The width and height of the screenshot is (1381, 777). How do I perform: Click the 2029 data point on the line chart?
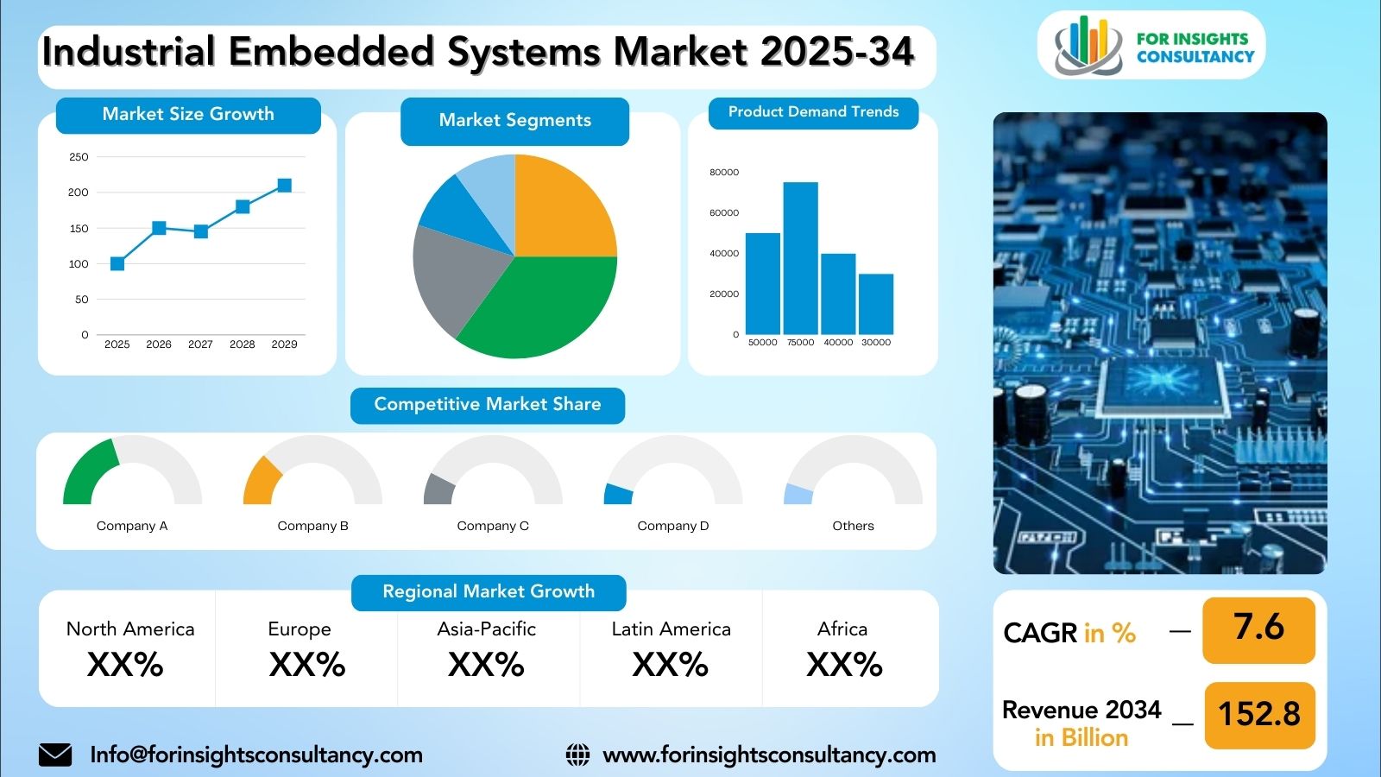284,186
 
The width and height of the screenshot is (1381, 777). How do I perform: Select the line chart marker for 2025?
117,264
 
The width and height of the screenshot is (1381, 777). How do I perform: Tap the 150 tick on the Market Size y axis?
79,228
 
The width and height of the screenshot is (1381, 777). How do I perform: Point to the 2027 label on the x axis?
200,344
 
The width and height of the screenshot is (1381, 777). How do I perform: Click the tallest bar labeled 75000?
801,258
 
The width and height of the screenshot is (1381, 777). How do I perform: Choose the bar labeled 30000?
876,305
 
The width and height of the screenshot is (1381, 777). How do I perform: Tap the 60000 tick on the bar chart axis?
724,212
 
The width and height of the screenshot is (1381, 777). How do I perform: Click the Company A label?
132,526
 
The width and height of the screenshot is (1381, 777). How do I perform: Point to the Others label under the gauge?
854,526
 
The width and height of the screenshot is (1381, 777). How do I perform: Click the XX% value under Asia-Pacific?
487,665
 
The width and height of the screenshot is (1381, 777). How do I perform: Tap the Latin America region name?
672,629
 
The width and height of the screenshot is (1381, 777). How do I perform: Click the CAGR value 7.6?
1259,627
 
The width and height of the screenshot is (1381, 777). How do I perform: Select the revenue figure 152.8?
1259,714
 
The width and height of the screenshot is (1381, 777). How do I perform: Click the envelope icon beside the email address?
55,755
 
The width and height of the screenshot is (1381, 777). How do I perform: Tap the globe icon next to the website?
577,755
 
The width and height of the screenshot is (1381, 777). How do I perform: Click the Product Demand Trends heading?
814,111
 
